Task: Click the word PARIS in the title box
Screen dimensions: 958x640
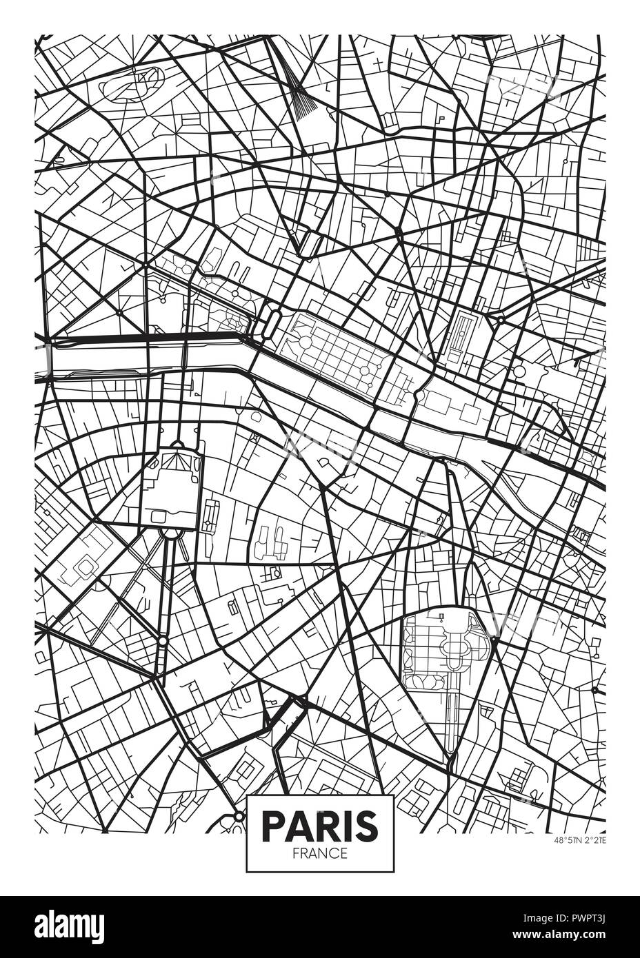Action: click(320, 824)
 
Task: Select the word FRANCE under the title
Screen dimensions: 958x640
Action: click(320, 853)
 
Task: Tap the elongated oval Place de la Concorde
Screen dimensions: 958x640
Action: click(271, 321)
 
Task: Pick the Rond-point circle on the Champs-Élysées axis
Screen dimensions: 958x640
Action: click(147, 262)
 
